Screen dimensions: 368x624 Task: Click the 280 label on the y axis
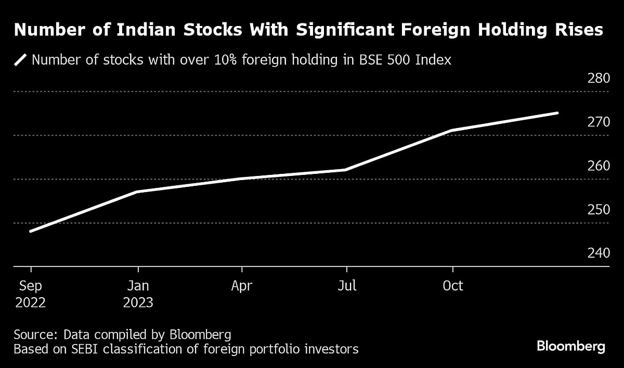[599, 79]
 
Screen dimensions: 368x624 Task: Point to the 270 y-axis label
[599, 122]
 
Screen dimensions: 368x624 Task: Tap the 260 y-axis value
[599, 166]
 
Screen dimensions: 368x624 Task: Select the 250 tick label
[599, 210]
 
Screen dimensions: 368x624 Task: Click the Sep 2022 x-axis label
[30, 294]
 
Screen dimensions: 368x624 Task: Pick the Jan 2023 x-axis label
[138, 294]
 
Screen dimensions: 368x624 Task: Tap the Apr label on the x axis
[242, 286]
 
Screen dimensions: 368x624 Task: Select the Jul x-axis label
[347, 286]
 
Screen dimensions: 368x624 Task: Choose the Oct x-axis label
[453, 286]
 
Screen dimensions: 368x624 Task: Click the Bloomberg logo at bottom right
[570, 347]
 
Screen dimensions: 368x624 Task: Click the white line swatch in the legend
[20, 60]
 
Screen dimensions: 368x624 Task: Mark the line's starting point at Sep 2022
[31, 231]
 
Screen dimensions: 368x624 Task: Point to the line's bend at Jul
[345, 170]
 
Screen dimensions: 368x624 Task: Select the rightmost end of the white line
[557, 113]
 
